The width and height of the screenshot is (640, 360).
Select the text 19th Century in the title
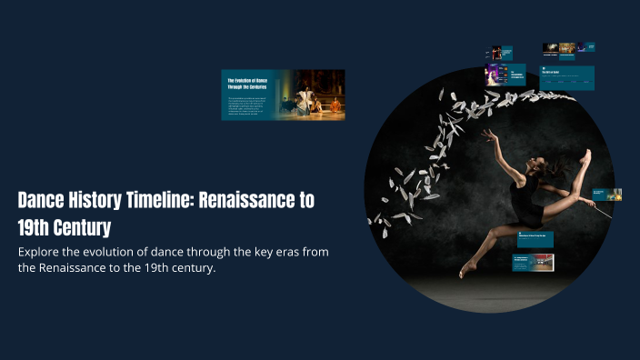[68, 225]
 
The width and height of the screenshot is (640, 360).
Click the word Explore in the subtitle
[41, 251]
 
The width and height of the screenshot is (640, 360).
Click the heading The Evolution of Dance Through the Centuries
[249, 84]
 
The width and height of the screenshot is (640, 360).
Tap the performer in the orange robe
[335, 106]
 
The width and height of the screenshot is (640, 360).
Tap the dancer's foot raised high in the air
[586, 156]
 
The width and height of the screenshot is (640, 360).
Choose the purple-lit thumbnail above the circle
[497, 74]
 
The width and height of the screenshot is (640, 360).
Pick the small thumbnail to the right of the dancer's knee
[606, 194]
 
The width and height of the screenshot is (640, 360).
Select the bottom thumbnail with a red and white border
[534, 263]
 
